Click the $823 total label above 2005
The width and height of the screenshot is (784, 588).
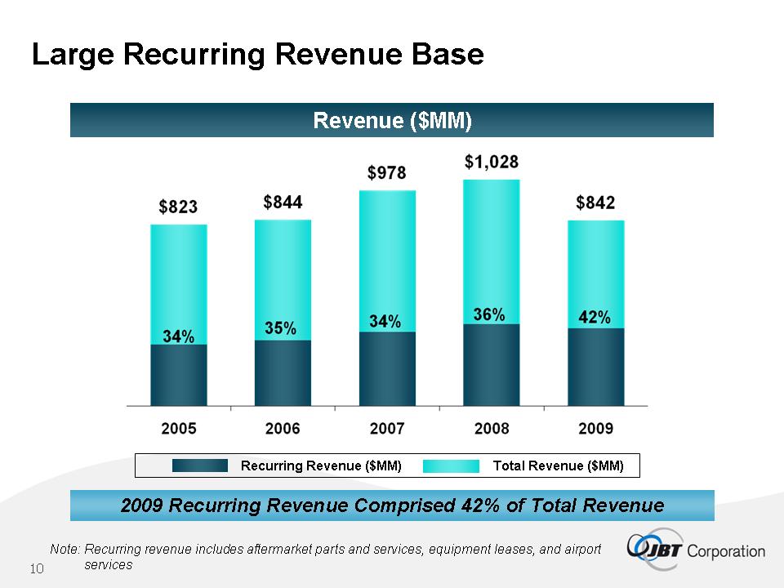point(178,207)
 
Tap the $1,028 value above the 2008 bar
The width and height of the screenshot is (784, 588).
point(491,162)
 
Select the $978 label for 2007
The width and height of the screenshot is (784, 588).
point(387,173)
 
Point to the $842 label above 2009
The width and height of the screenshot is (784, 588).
point(595,203)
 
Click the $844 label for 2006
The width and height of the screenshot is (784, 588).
point(283,202)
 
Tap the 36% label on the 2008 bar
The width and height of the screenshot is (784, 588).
point(490,314)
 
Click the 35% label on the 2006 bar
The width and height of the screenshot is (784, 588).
point(283,328)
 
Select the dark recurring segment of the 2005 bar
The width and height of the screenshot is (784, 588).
point(178,376)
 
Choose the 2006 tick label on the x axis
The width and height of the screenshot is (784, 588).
point(283,428)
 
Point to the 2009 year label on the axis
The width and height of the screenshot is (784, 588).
point(595,428)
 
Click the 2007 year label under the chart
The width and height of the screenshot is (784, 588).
point(387,428)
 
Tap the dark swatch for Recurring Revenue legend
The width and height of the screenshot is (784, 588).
point(200,465)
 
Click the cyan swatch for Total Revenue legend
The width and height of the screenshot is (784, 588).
point(452,465)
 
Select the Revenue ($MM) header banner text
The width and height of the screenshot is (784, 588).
point(392,121)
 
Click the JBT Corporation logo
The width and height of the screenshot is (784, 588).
point(697,549)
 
